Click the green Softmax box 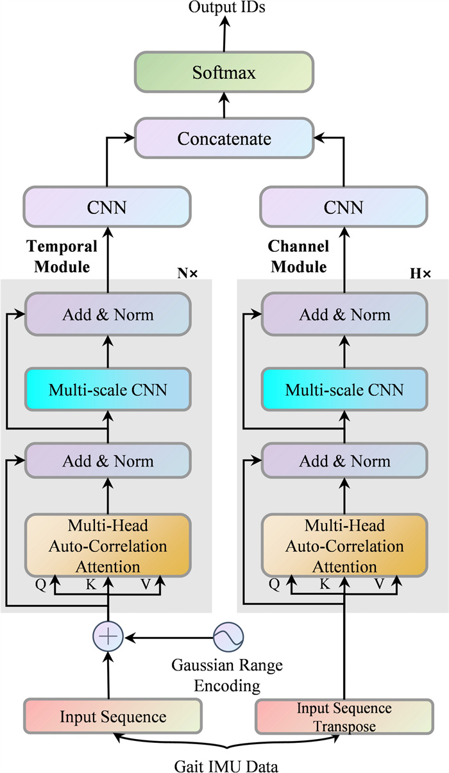[224, 72]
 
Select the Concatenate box [224, 138]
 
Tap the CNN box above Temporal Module [108, 207]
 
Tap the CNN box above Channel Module [343, 207]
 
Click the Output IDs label [224, 8]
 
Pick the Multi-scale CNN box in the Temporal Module [108, 388]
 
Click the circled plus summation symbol [108, 637]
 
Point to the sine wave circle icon [228, 637]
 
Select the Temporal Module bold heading [62, 256]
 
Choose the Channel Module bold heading [298, 256]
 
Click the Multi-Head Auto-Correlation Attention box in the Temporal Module [108, 546]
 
